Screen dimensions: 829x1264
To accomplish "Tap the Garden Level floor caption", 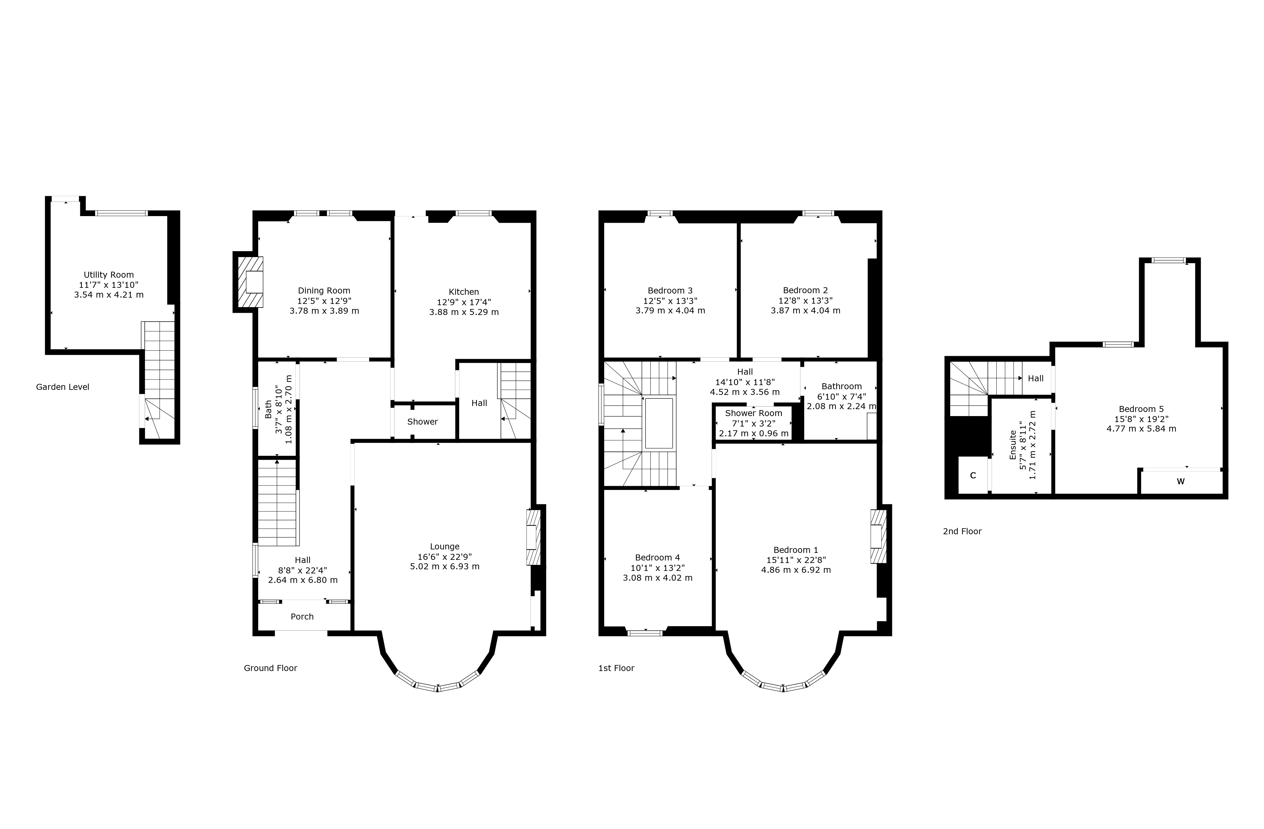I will [x=63, y=387].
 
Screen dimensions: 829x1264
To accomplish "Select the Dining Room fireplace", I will [x=250, y=282].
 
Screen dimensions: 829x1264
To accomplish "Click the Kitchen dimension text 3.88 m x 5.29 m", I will [x=464, y=312].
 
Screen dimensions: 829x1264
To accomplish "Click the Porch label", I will [x=302, y=617].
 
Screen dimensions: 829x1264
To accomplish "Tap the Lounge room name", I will [x=445, y=547].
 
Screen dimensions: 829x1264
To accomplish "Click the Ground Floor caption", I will [x=270, y=668].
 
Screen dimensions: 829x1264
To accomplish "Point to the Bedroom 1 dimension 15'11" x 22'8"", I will [x=796, y=560].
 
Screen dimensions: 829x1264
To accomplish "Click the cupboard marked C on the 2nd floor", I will [x=973, y=475].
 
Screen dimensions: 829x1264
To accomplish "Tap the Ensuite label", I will [x=1013, y=445].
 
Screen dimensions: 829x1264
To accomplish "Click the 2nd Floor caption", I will [x=962, y=531].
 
